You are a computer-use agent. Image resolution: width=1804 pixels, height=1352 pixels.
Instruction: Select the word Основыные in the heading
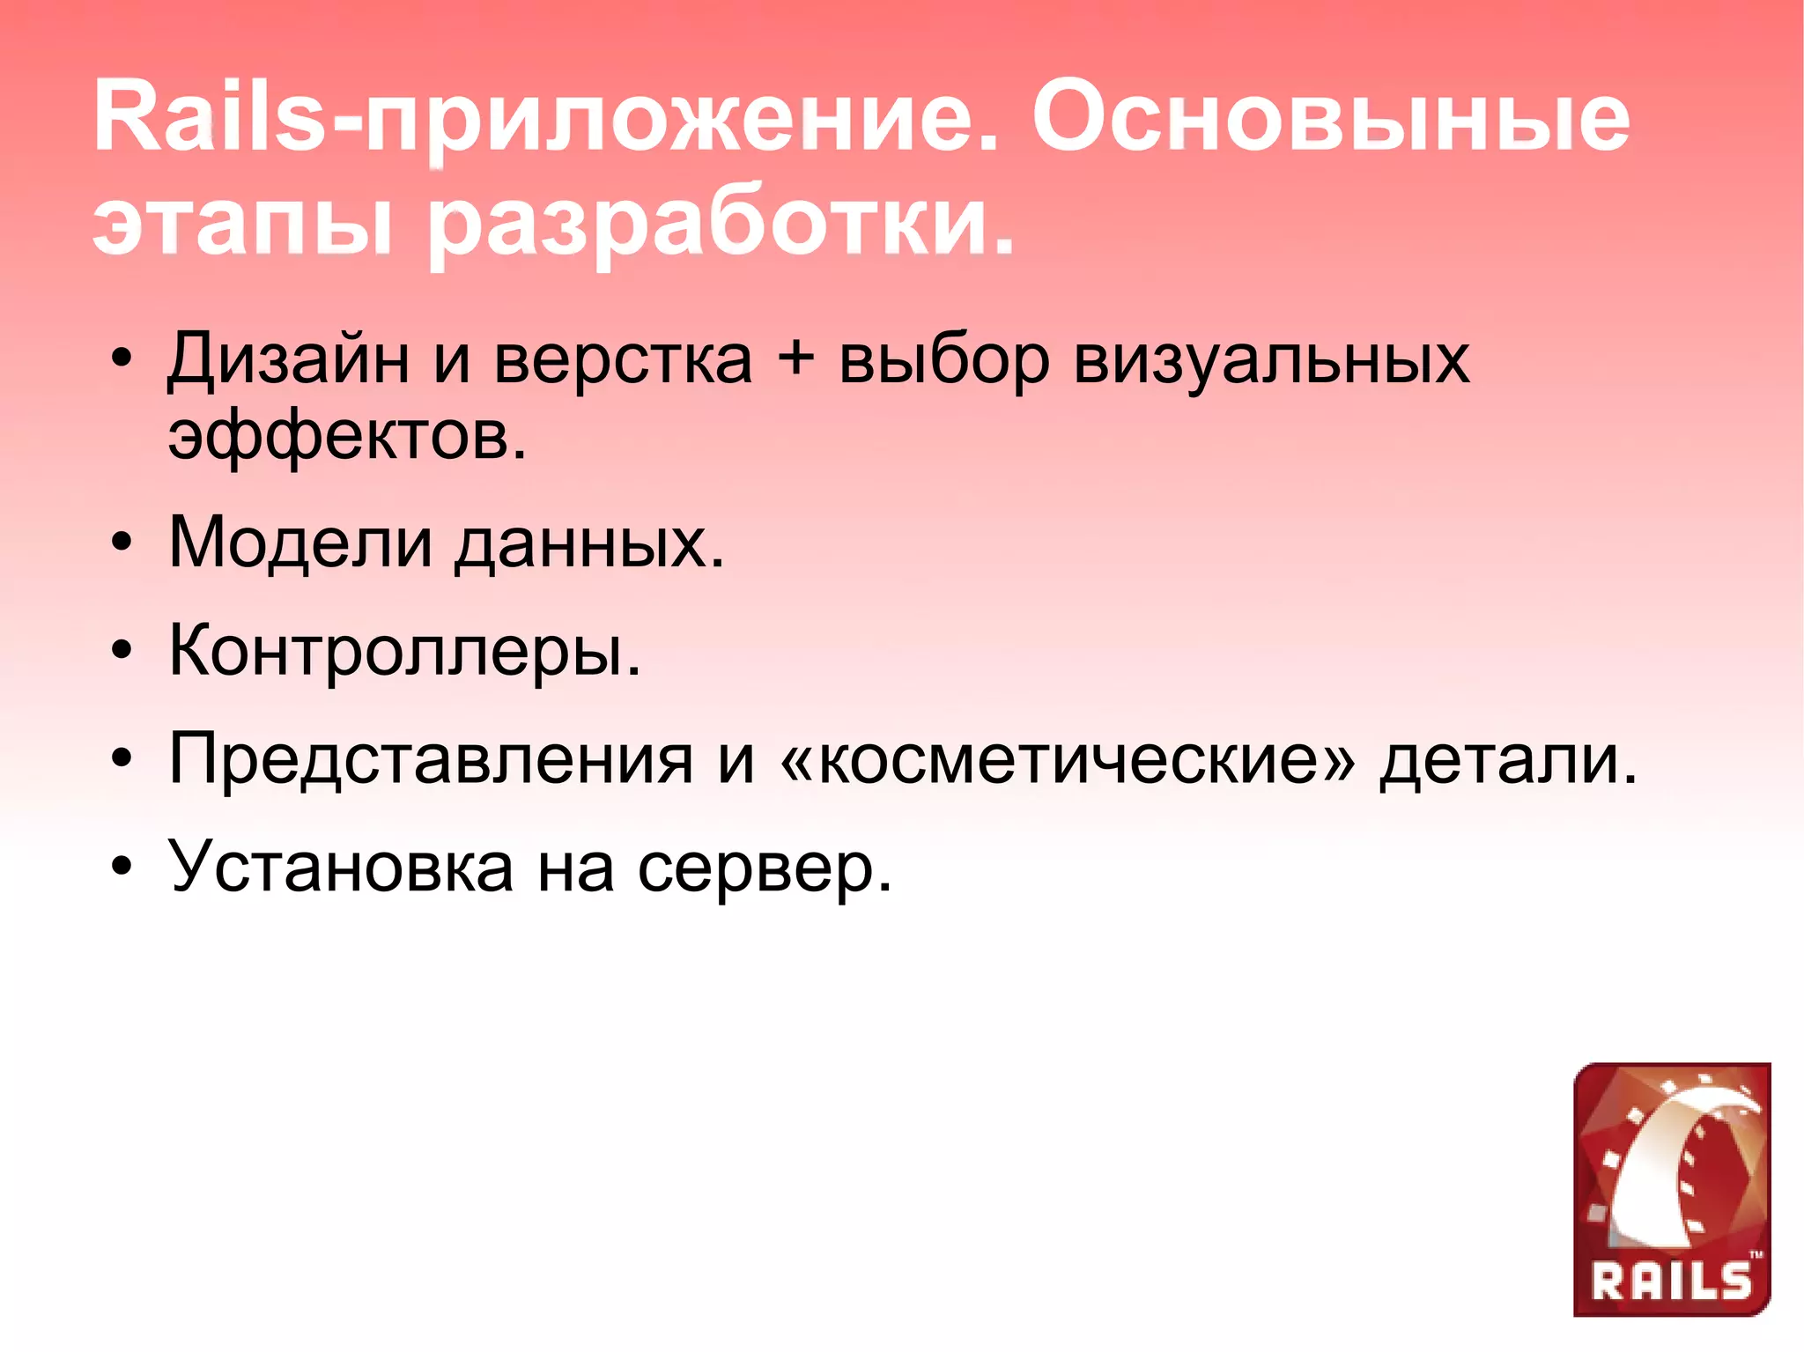coord(1330,117)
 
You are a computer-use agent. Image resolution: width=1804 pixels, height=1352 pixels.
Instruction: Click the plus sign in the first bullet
coord(795,359)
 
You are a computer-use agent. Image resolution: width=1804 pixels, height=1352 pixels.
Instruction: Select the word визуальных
coord(1272,359)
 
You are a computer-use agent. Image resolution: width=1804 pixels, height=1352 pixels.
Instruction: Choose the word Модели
coord(300,543)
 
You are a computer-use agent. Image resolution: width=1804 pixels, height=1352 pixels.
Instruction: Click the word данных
coord(589,543)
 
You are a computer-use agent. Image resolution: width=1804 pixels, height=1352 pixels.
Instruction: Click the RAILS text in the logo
coord(1671,1280)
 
